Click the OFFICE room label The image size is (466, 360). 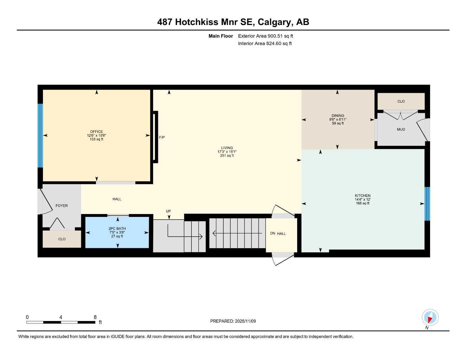[x=96, y=131]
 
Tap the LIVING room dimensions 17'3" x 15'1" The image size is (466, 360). [x=227, y=152]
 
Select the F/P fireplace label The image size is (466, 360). [x=162, y=137]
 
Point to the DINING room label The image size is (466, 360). [x=338, y=116]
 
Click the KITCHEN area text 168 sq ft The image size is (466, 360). [x=362, y=203]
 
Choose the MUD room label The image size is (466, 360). [x=401, y=129]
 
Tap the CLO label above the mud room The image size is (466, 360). [x=401, y=101]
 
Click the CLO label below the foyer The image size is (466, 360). [x=62, y=239]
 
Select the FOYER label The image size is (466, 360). [x=62, y=206]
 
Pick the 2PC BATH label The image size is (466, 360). [x=117, y=229]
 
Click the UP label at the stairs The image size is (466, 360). [x=168, y=211]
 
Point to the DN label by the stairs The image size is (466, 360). [x=273, y=233]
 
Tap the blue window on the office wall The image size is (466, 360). [x=40, y=135]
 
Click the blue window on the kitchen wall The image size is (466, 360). [x=427, y=204]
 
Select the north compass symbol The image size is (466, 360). [x=430, y=318]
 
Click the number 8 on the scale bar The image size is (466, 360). [x=95, y=317]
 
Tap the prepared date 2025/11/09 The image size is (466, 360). [x=245, y=321]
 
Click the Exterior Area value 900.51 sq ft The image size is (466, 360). [x=280, y=36]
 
